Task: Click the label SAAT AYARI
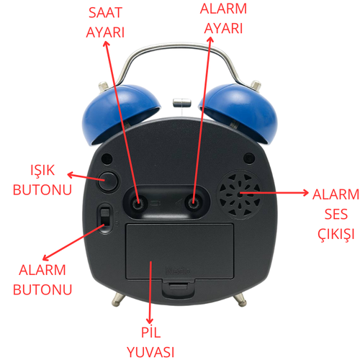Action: pos(105,24)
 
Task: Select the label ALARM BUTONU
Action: pos(42,280)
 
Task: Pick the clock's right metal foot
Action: pos(240,296)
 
